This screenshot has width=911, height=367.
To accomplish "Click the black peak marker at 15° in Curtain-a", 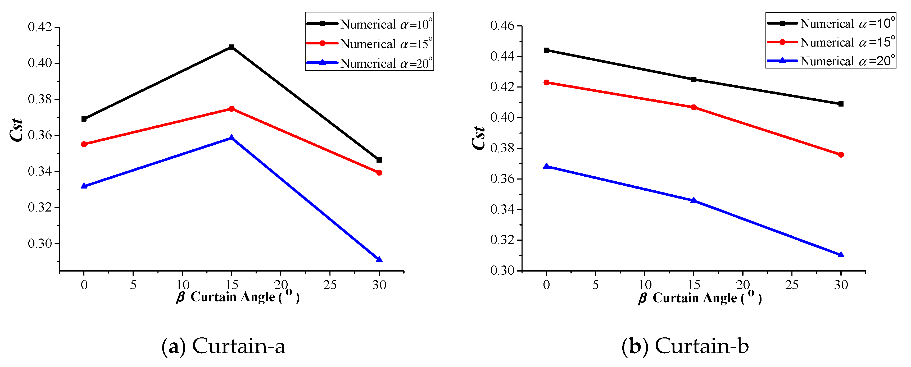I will [x=232, y=47].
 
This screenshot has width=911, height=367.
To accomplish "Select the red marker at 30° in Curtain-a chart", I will [x=379, y=173].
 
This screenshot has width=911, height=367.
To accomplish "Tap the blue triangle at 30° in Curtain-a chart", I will [x=379, y=259].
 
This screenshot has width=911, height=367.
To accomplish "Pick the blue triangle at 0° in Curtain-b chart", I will [x=546, y=166].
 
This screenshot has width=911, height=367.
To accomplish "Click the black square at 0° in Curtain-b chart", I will [x=546, y=50].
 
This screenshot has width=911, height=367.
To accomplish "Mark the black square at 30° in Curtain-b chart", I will [x=841, y=104].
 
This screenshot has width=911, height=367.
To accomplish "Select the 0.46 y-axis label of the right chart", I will [x=502, y=26].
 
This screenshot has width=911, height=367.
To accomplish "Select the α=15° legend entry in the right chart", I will [x=847, y=42].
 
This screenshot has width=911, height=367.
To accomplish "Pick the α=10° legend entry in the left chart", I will [x=386, y=24].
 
